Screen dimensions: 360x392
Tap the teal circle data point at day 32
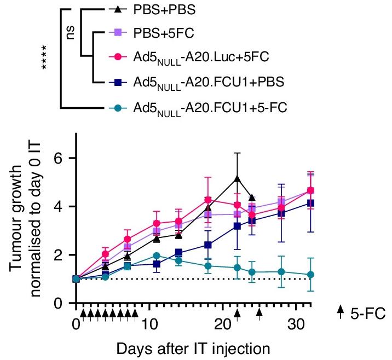(310, 275)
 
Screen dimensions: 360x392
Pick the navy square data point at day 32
(310, 203)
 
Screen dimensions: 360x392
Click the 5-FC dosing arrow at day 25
(260, 312)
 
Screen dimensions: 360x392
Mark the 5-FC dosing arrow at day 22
(237, 312)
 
